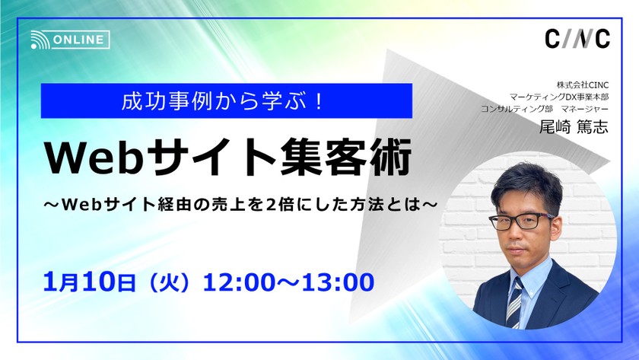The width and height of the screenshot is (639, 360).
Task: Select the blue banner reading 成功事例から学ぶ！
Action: click(x=226, y=100)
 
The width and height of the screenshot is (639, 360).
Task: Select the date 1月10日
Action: click(x=90, y=282)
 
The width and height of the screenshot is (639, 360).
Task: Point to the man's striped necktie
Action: click(x=515, y=300)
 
